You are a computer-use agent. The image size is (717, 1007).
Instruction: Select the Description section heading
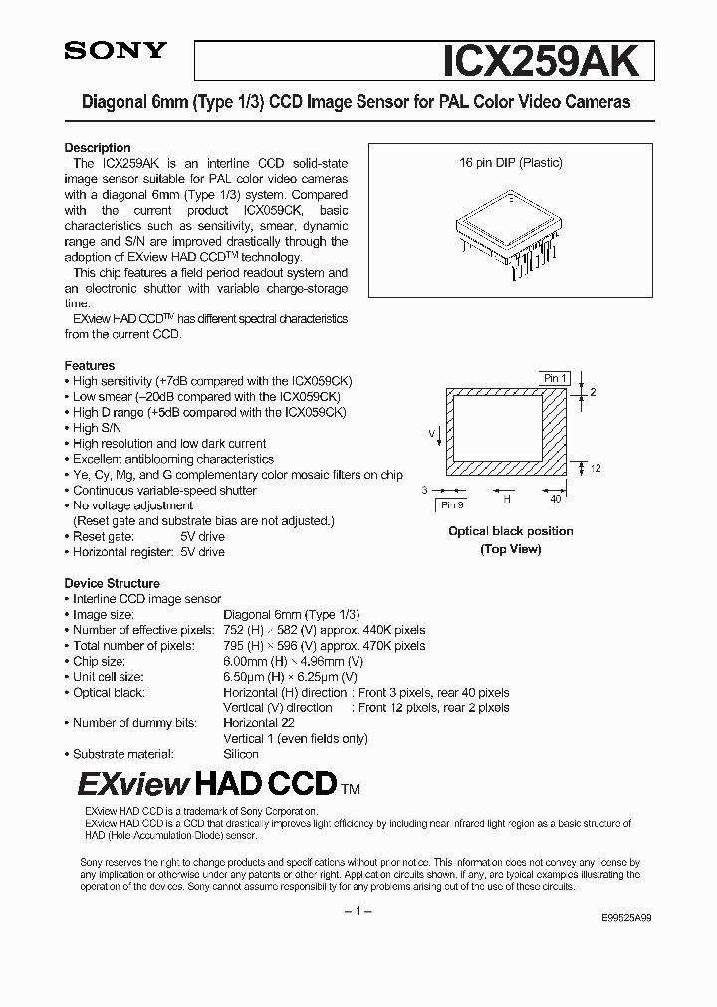tap(98, 148)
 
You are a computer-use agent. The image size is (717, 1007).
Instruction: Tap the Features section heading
tap(90, 365)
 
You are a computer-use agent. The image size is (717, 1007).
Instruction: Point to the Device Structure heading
tap(112, 583)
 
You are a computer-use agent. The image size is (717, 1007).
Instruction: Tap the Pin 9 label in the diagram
tap(453, 504)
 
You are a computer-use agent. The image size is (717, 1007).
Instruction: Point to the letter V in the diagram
tap(432, 434)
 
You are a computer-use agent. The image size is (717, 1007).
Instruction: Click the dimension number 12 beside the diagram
tap(596, 468)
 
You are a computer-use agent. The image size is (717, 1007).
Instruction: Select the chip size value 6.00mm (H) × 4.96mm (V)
tap(294, 661)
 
